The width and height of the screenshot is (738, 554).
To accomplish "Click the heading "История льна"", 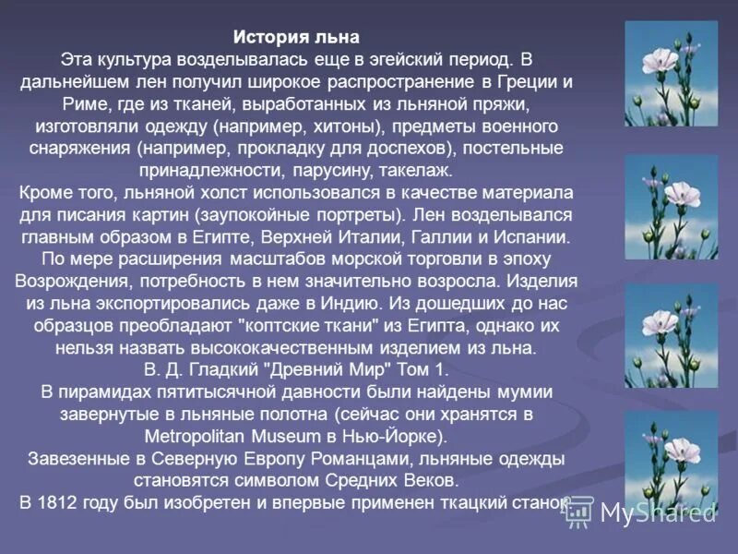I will (296, 38).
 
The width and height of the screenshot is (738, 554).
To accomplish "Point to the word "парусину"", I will (361, 170).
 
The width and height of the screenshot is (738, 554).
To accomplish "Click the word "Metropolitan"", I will (201, 435).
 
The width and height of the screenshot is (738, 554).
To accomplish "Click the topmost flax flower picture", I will (671, 74).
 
